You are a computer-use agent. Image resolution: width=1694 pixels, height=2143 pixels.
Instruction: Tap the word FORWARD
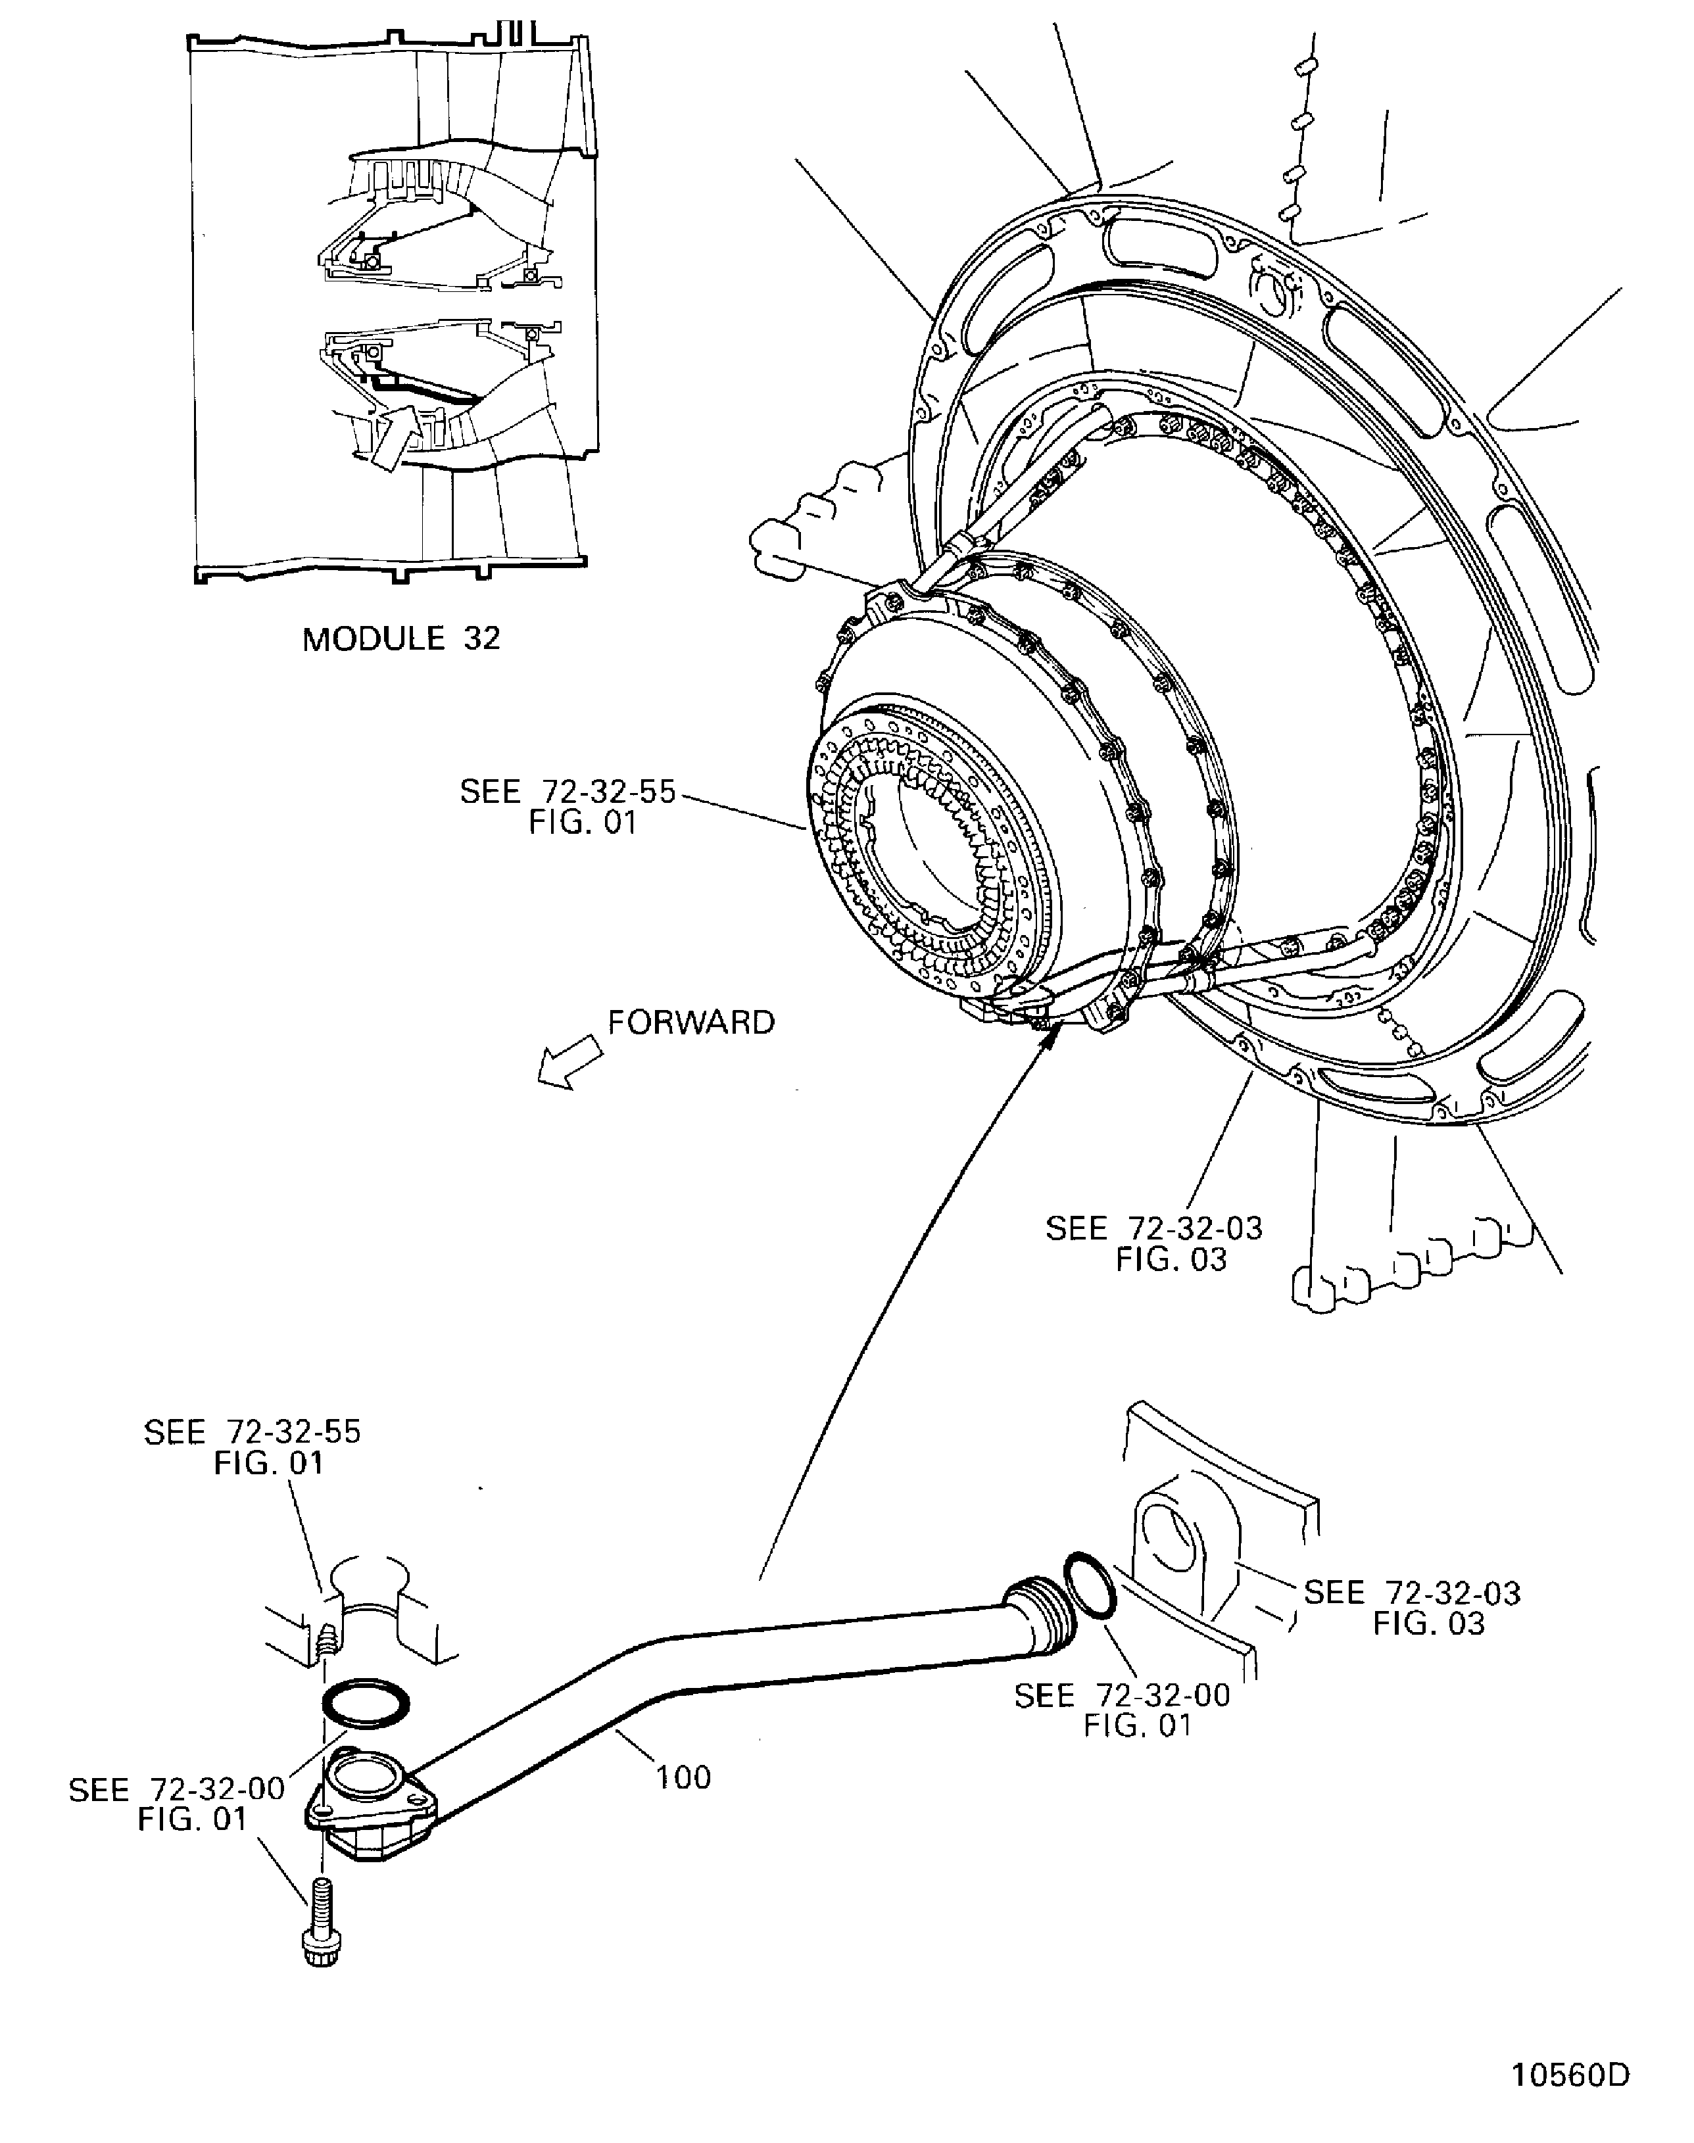(x=691, y=1023)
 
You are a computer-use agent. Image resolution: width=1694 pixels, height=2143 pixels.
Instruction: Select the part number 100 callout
(x=683, y=1777)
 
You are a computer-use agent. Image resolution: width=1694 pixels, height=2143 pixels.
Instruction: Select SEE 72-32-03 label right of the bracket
(x=1411, y=1608)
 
